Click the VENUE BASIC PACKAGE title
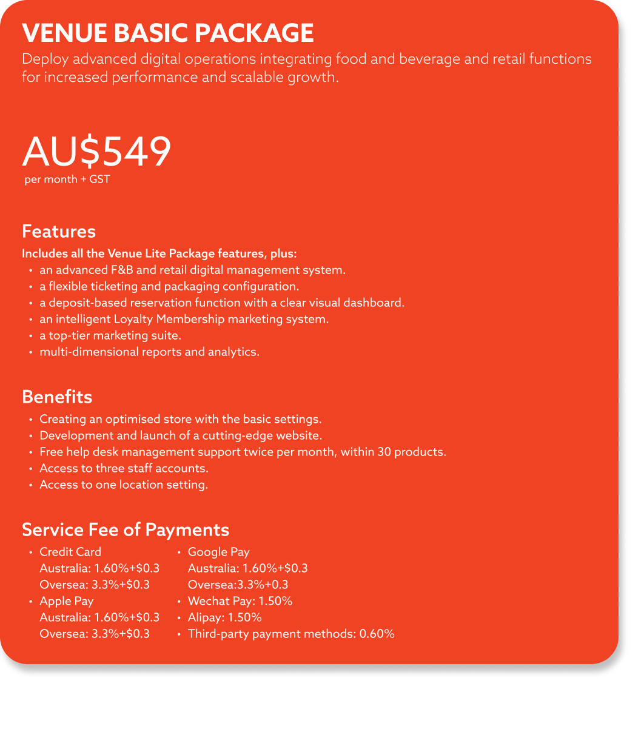(167, 33)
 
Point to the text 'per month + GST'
(67, 180)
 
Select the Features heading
(59, 232)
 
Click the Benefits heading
(57, 397)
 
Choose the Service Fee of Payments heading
(126, 530)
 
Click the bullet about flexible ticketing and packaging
(169, 286)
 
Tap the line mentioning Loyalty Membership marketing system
(184, 319)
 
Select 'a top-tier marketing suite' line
(110, 335)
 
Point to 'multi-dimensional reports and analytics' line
(149, 352)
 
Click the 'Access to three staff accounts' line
(124, 468)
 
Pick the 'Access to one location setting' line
(124, 485)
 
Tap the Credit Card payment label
(70, 552)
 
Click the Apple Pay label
(67, 601)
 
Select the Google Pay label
(218, 552)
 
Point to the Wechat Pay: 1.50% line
(240, 601)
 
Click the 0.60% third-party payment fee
(377, 634)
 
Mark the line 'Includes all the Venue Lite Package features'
(159, 254)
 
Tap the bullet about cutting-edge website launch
(181, 435)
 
